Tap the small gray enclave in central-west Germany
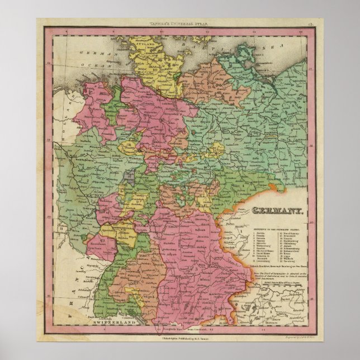[x=130, y=176]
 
